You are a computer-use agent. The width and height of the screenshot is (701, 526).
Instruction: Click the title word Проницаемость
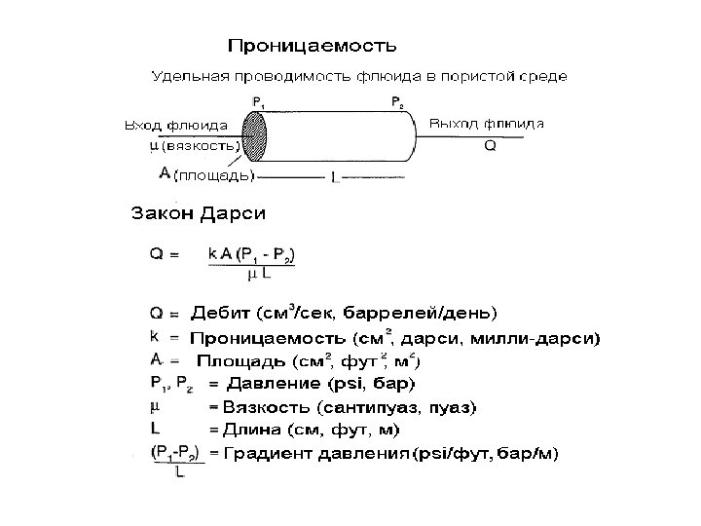coord(312,45)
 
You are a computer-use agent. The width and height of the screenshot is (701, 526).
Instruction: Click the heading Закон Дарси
coord(199,211)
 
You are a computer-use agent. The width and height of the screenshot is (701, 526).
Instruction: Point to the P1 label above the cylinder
coord(258,101)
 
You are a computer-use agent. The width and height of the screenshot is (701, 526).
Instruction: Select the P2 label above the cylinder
coord(396,101)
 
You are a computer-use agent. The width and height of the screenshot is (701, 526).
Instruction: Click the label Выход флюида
coord(487,123)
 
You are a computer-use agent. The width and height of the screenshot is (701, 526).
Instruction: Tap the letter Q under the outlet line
coord(490,147)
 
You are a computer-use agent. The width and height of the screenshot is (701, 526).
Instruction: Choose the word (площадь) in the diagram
coord(213,176)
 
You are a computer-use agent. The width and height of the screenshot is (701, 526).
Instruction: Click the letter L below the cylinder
coord(335,178)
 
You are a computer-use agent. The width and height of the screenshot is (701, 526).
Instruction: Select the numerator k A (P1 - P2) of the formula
coord(251,255)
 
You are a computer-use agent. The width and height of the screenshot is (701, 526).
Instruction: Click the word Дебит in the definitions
coord(220,314)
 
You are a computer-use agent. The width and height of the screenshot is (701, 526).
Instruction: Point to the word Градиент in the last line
coord(263,453)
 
